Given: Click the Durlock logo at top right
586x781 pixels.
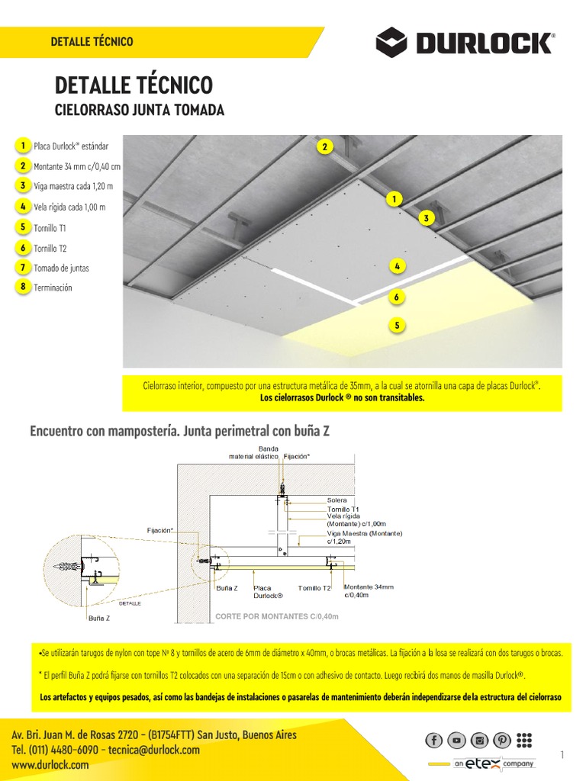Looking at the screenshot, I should (x=465, y=42).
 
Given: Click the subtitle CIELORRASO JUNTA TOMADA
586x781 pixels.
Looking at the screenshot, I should (x=140, y=111).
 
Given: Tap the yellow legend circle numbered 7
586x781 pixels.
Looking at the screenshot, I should (x=24, y=268).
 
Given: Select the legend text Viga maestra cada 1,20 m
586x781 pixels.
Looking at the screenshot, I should (x=73, y=186).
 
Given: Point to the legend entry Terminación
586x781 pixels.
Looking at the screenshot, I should (x=53, y=288).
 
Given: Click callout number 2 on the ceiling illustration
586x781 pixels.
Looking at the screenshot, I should (x=324, y=147).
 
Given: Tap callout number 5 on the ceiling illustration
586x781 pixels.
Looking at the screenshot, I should (x=397, y=326).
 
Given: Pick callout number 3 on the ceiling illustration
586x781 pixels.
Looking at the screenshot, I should (x=427, y=218).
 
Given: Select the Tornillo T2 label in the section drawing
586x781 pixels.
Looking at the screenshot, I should (x=314, y=588).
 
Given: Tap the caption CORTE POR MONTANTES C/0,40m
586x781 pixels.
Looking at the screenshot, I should (x=276, y=615).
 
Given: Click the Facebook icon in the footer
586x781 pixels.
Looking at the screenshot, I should (x=433, y=740).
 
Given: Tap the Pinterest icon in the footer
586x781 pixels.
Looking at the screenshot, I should (x=501, y=740).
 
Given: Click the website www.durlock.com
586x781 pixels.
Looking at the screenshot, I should (x=50, y=765).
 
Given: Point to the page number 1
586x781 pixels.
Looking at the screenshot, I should (x=562, y=755).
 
